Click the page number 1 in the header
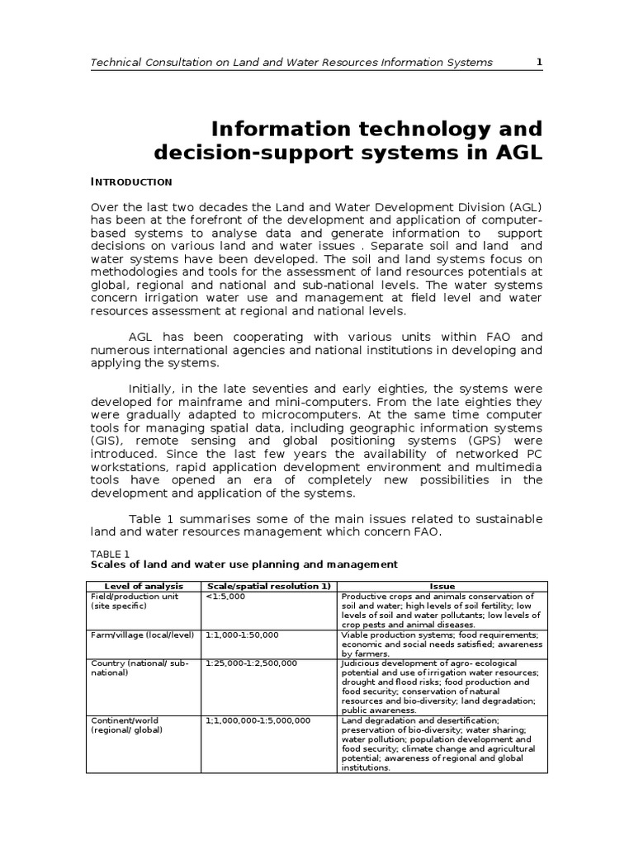pyautogui.click(x=539, y=62)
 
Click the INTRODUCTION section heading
pyautogui.click(x=130, y=182)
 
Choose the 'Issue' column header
pyautogui.click(x=442, y=586)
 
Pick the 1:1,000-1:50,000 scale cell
pyautogui.click(x=243, y=635)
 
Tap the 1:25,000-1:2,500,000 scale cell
pyautogui.click(x=252, y=663)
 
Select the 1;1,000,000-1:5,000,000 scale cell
pyautogui.click(x=258, y=720)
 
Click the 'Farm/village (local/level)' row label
pyautogui.click(x=142, y=635)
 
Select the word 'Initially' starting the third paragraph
pyautogui.click(x=154, y=388)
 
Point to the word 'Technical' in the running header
pyautogui.click(x=117, y=62)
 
